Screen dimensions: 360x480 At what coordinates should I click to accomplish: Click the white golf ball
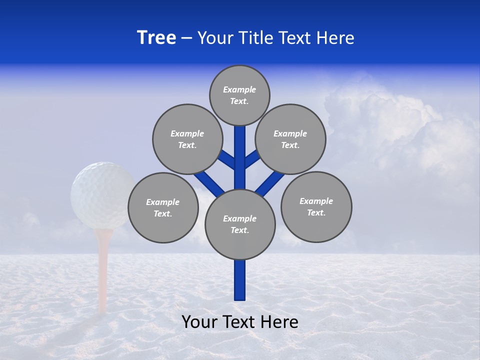pyautogui.click(x=102, y=195)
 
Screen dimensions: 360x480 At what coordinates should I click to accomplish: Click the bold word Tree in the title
pyautogui.click(x=156, y=37)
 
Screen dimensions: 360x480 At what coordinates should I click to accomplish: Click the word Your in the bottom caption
pyautogui.click(x=199, y=322)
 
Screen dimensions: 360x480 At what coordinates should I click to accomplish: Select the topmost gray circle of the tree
pyautogui.click(x=239, y=95)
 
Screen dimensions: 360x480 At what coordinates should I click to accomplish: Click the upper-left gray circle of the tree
pyautogui.click(x=187, y=139)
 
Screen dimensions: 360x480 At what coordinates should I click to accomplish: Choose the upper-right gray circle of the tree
pyautogui.click(x=290, y=139)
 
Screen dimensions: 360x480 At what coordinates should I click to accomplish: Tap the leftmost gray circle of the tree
pyautogui.click(x=163, y=207)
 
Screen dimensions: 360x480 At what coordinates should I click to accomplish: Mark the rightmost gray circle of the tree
pyautogui.click(x=316, y=206)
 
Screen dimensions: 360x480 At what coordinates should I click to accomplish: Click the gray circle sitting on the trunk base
pyautogui.click(x=240, y=224)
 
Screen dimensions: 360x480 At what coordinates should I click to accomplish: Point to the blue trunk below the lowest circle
pyautogui.click(x=240, y=280)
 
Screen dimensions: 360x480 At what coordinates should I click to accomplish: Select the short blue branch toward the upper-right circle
pyautogui.click(x=252, y=159)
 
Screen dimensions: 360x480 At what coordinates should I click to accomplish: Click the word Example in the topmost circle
pyautogui.click(x=239, y=89)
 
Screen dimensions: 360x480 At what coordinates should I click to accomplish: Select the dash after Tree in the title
pyautogui.click(x=186, y=38)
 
